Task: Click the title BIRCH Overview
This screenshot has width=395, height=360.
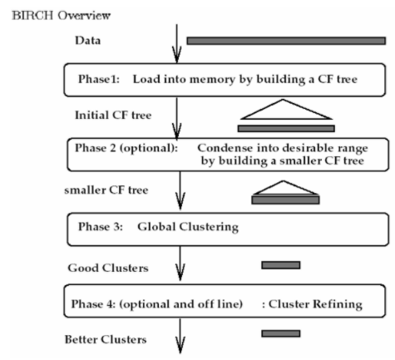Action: [x=50, y=15]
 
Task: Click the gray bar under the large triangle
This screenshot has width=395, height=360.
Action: [x=285, y=128]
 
